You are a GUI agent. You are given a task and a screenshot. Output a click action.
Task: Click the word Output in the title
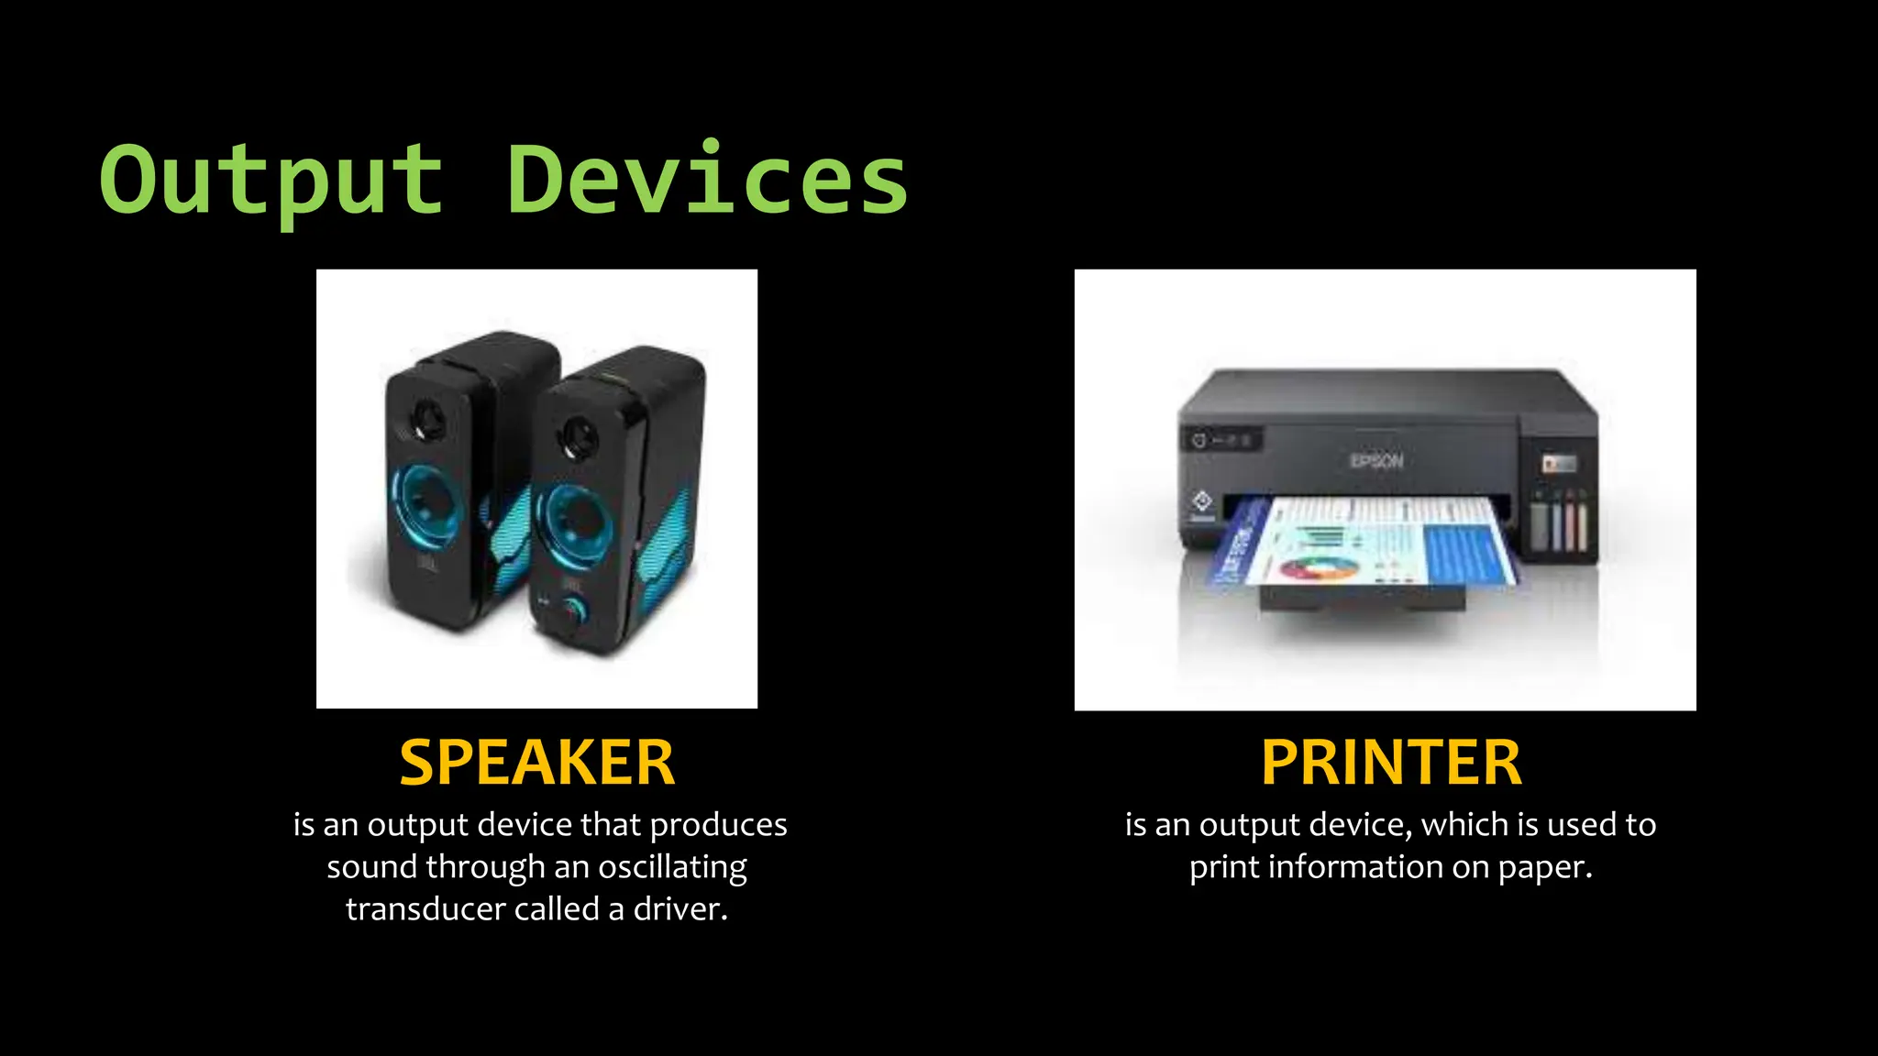pyautogui.click(x=271, y=181)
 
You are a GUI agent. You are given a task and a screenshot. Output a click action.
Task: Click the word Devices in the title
pyautogui.click(x=706, y=181)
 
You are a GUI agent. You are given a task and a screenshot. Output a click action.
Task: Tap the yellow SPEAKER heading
pyautogui.click(x=537, y=763)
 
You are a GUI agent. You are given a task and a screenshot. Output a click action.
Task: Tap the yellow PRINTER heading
pyautogui.click(x=1391, y=763)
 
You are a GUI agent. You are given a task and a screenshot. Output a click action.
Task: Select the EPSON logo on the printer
pyautogui.click(x=1376, y=460)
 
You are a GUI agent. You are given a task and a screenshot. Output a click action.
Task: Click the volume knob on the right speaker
pyautogui.click(x=576, y=610)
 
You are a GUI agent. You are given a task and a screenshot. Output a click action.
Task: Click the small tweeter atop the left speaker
pyautogui.click(x=426, y=420)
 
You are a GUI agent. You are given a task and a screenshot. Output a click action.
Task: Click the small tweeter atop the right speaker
pyautogui.click(x=579, y=437)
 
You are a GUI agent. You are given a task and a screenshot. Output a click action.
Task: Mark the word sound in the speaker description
pyautogui.click(x=371, y=867)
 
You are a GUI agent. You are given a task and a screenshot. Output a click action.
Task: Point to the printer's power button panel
pyautogui.click(x=1221, y=441)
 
